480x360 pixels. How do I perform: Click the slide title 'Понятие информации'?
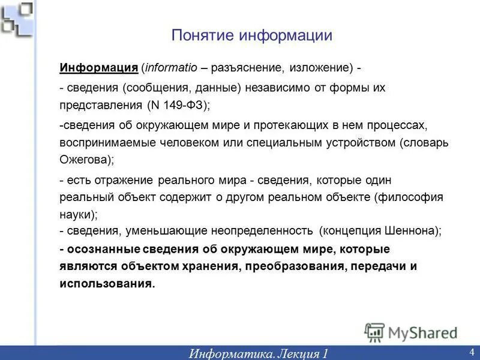[x=251, y=35]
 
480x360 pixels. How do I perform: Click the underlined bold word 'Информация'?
[x=99, y=67]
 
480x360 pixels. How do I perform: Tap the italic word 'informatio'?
[x=169, y=67]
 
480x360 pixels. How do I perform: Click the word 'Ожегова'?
[x=84, y=160]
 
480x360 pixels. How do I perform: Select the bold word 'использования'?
[x=107, y=283]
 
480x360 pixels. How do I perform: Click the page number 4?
[x=472, y=352]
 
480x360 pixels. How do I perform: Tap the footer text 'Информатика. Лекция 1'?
[x=259, y=353]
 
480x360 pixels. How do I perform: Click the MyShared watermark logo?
[x=412, y=332]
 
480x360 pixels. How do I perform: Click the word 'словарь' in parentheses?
[x=428, y=143]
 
